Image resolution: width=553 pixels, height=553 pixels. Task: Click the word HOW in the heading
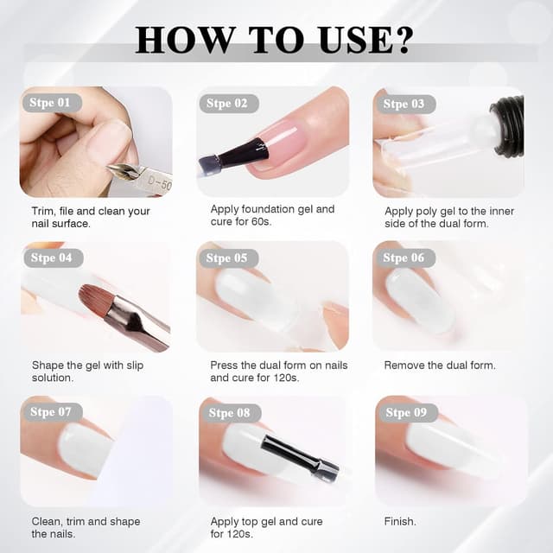pyautogui.click(x=180, y=39)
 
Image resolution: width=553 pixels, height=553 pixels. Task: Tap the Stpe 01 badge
pyautogui.click(x=51, y=103)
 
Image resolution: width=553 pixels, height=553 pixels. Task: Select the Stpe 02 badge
pyautogui.click(x=227, y=104)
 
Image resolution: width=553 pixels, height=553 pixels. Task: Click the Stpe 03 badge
pyautogui.click(x=404, y=104)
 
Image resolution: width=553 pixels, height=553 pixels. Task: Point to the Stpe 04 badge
pyautogui.click(x=51, y=257)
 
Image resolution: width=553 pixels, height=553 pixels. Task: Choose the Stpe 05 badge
pyautogui.click(x=227, y=257)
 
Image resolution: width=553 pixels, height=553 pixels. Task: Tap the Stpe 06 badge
pyautogui.click(x=404, y=257)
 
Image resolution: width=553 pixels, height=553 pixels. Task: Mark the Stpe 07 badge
pyautogui.click(x=51, y=412)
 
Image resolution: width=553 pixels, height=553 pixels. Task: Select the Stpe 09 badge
pyautogui.click(x=406, y=412)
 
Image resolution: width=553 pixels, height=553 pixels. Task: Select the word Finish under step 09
pyautogui.click(x=400, y=521)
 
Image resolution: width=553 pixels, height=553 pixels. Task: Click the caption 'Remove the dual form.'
pyautogui.click(x=440, y=365)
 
